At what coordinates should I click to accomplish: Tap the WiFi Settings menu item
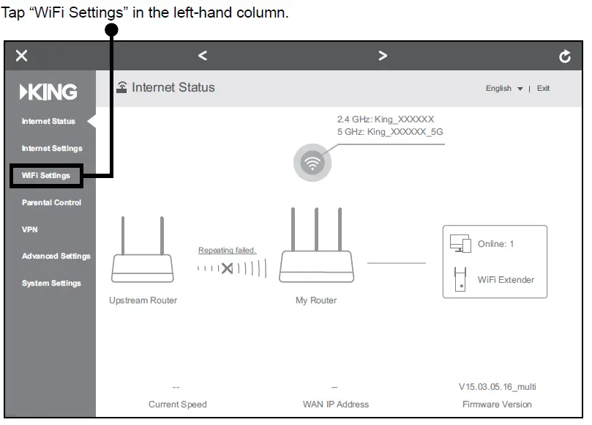click(46, 175)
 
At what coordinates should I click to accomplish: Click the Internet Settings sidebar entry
click(52, 148)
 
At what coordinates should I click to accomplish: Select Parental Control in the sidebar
click(51, 202)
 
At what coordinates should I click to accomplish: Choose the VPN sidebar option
click(29, 229)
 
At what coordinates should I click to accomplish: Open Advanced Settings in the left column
click(56, 256)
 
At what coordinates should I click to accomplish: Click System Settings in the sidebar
click(51, 284)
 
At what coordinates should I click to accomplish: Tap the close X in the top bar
click(22, 56)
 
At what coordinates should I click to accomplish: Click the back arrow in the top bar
click(203, 56)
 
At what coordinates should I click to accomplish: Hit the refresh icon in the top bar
click(564, 56)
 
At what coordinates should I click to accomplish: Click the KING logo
click(49, 92)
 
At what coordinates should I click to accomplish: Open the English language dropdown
click(504, 89)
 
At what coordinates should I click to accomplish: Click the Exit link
click(543, 89)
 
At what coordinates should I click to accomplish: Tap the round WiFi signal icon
click(312, 163)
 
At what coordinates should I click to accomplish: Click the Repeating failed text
click(227, 251)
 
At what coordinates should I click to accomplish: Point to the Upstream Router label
click(143, 300)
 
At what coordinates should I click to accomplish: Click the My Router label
click(316, 300)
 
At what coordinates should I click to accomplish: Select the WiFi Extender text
click(506, 280)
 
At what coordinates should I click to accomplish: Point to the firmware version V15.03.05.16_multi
click(497, 387)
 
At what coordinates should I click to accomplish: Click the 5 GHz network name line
click(389, 132)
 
